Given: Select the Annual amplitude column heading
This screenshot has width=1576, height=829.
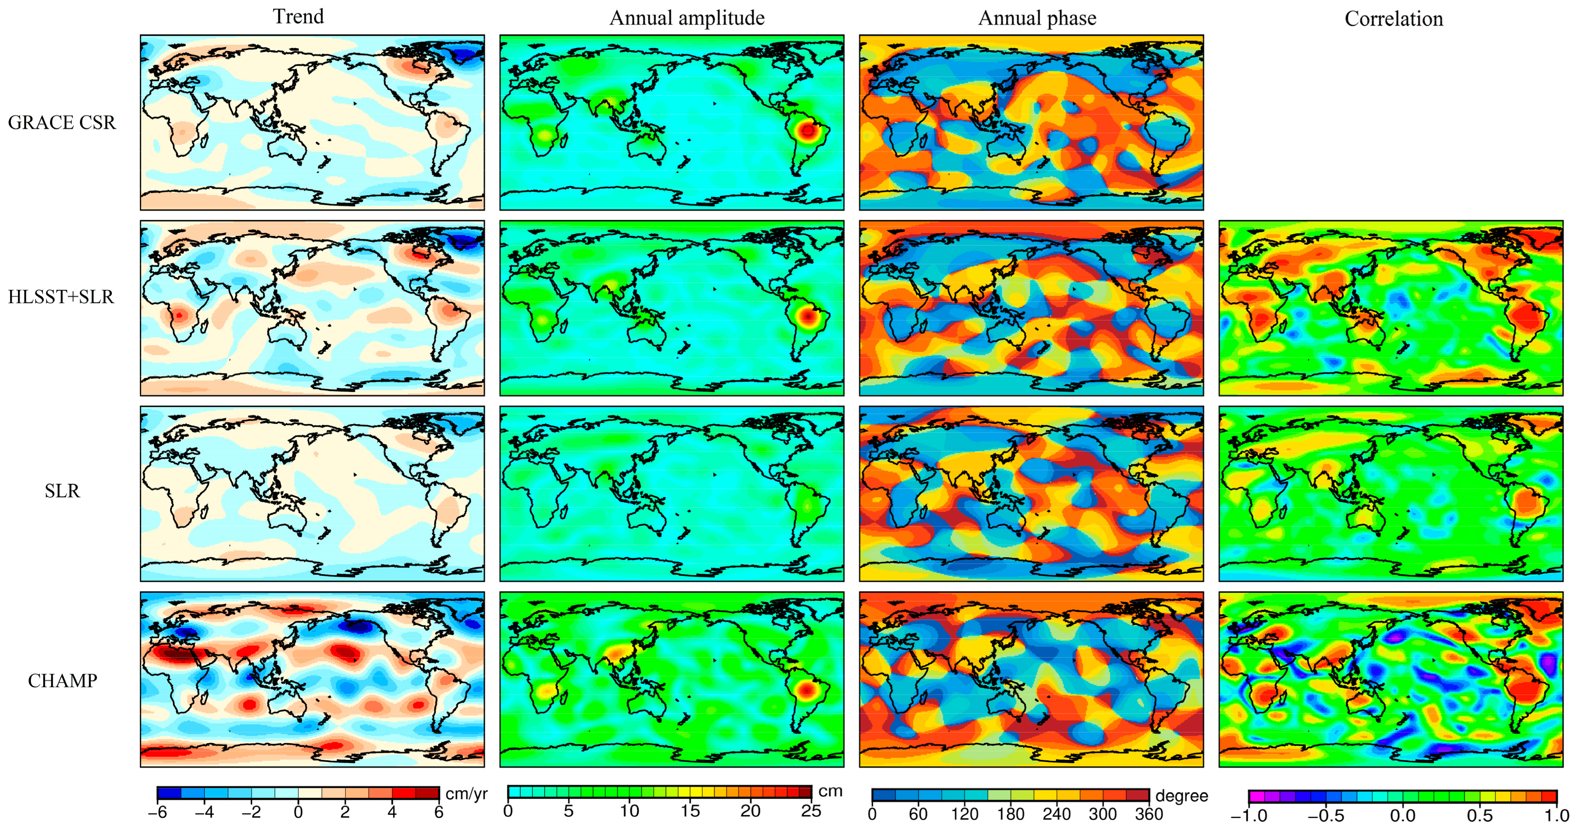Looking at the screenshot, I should pos(686,18).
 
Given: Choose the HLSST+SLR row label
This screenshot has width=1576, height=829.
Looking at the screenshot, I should pos(61,297).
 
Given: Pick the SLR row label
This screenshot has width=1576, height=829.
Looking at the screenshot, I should pos(62,491).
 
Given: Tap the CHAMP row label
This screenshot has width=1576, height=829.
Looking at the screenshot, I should pos(62,680).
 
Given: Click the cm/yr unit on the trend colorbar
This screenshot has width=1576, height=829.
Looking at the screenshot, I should pos(466,794).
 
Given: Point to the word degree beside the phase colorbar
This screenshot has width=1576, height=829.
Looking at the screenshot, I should pos(1182,795).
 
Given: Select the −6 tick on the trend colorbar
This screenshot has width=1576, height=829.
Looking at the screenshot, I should pos(157,812).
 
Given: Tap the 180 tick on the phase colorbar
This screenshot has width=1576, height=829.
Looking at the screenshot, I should pos(1010,814).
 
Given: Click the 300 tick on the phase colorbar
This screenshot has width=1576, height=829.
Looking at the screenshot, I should pos(1103,814).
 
